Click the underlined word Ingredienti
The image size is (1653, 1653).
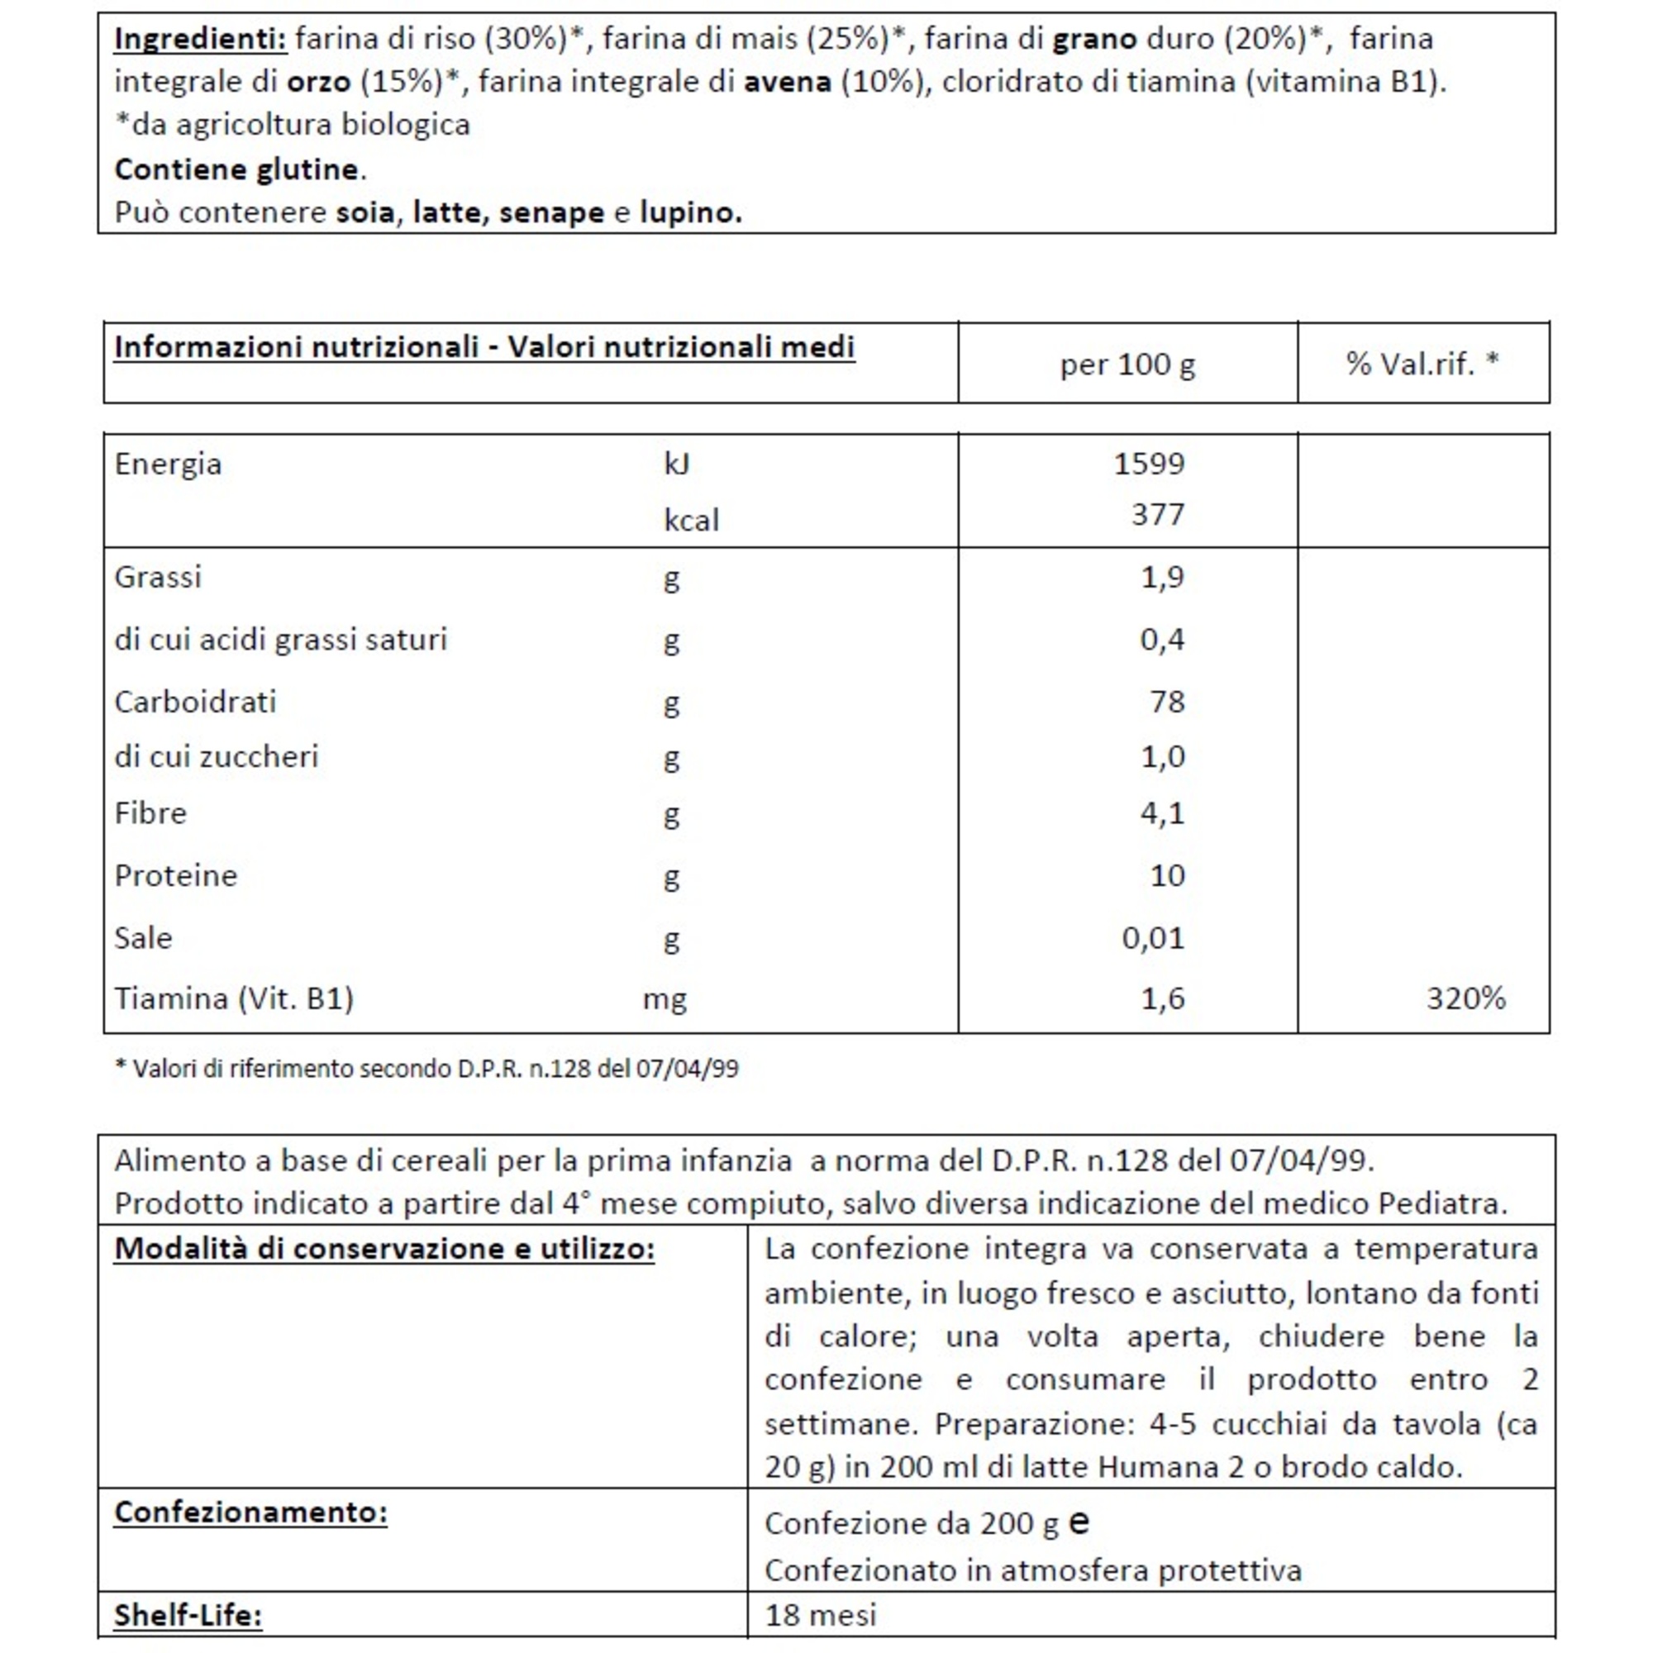(x=199, y=39)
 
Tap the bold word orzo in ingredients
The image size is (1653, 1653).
(x=318, y=82)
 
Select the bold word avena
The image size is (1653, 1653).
(x=787, y=82)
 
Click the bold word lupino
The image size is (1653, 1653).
(x=690, y=212)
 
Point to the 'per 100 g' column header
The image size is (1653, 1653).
(x=1127, y=364)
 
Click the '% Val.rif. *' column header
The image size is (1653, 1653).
(x=1422, y=364)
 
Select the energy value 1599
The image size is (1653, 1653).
(x=1149, y=464)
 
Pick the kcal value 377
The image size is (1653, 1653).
(x=1158, y=514)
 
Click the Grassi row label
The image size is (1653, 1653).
(x=159, y=577)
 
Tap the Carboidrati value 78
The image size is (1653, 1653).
(x=1167, y=702)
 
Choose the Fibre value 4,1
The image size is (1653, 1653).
(x=1162, y=812)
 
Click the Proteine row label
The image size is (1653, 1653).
(x=175, y=875)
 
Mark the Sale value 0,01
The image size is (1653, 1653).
(x=1152, y=939)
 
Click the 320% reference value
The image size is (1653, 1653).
(x=1465, y=998)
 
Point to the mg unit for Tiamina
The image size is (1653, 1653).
(x=665, y=998)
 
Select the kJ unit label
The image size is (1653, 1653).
(x=677, y=464)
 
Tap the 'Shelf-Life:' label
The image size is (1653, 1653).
(x=188, y=1615)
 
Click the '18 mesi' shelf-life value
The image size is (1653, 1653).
(x=821, y=1615)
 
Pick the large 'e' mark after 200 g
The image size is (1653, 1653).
(x=1079, y=1521)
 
